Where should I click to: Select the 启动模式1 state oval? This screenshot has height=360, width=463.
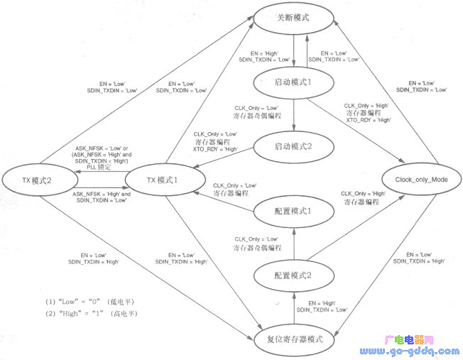294,82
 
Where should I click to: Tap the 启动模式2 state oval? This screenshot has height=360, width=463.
294,146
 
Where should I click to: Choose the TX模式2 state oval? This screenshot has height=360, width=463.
40,180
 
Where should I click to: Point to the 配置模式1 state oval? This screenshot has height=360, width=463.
293,211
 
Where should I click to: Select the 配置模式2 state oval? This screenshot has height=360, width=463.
293,273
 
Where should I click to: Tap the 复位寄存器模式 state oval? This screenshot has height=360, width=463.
293,339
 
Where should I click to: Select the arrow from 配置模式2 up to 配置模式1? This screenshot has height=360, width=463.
293,241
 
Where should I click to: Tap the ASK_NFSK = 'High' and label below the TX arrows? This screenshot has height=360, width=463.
100,194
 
